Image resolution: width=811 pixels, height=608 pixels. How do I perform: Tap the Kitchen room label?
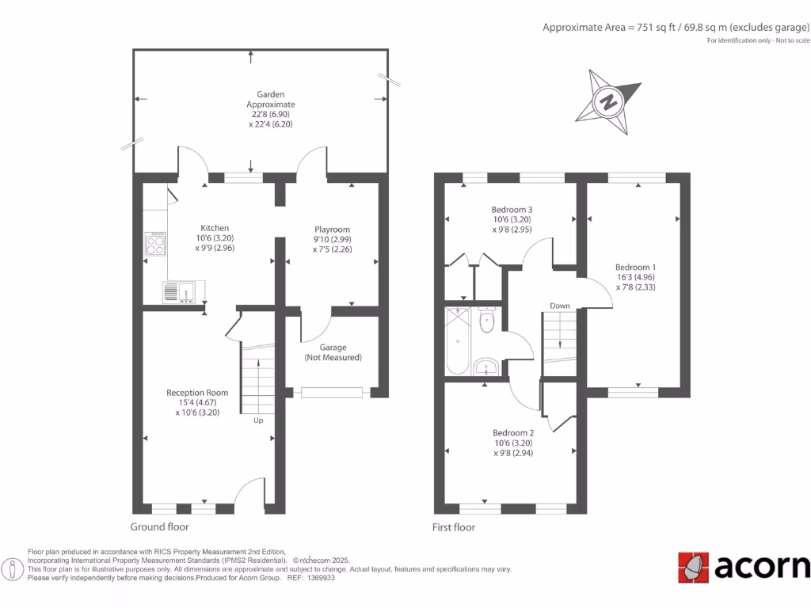[215, 228]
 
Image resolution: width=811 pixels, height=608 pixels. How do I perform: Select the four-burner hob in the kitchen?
[155, 245]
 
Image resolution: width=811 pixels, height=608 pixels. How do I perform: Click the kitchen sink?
[183, 292]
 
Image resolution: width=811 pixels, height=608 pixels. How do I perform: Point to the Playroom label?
[332, 230]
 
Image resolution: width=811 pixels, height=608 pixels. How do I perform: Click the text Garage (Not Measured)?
[333, 352]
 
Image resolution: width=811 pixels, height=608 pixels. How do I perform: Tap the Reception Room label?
[197, 393]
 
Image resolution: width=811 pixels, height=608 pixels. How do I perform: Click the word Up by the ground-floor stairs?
[258, 420]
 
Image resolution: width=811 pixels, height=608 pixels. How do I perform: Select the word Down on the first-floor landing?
[560, 306]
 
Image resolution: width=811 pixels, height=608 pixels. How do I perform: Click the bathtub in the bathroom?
[458, 342]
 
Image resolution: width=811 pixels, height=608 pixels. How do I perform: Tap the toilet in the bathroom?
[487, 321]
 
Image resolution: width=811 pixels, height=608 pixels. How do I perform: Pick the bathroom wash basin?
[486, 367]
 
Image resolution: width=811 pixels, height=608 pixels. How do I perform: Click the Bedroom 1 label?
[636, 268]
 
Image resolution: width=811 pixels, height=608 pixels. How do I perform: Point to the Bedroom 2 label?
[513, 433]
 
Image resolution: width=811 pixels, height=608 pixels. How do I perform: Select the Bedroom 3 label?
[513, 209]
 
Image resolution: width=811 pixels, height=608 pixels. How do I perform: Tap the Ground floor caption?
[160, 526]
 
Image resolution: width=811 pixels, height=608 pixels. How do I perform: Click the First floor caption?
[454, 526]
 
